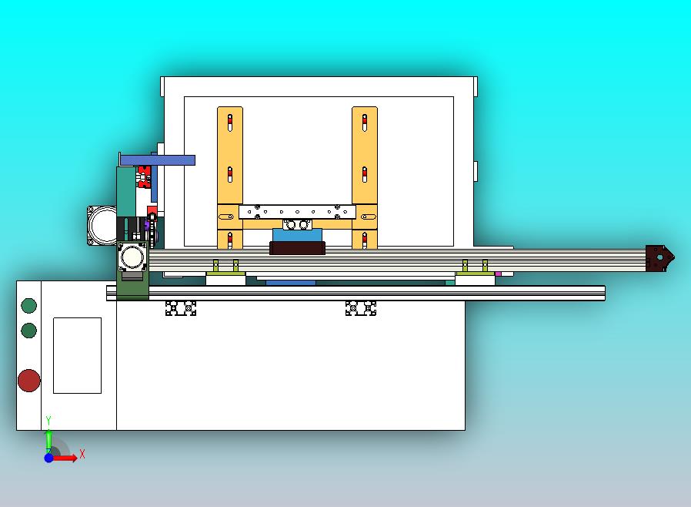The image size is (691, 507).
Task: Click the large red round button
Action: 29,381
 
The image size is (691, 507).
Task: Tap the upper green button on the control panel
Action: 29,305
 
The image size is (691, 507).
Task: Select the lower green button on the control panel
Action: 29,330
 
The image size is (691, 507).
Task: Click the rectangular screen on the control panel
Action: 77,355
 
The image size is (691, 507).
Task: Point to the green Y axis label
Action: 48,421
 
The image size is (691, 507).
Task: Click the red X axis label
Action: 82,454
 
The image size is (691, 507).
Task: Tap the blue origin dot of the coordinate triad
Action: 49,458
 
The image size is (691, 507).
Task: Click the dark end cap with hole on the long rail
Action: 659,257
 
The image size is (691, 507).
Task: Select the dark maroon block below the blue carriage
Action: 298,248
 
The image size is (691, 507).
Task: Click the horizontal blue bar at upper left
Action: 157,160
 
